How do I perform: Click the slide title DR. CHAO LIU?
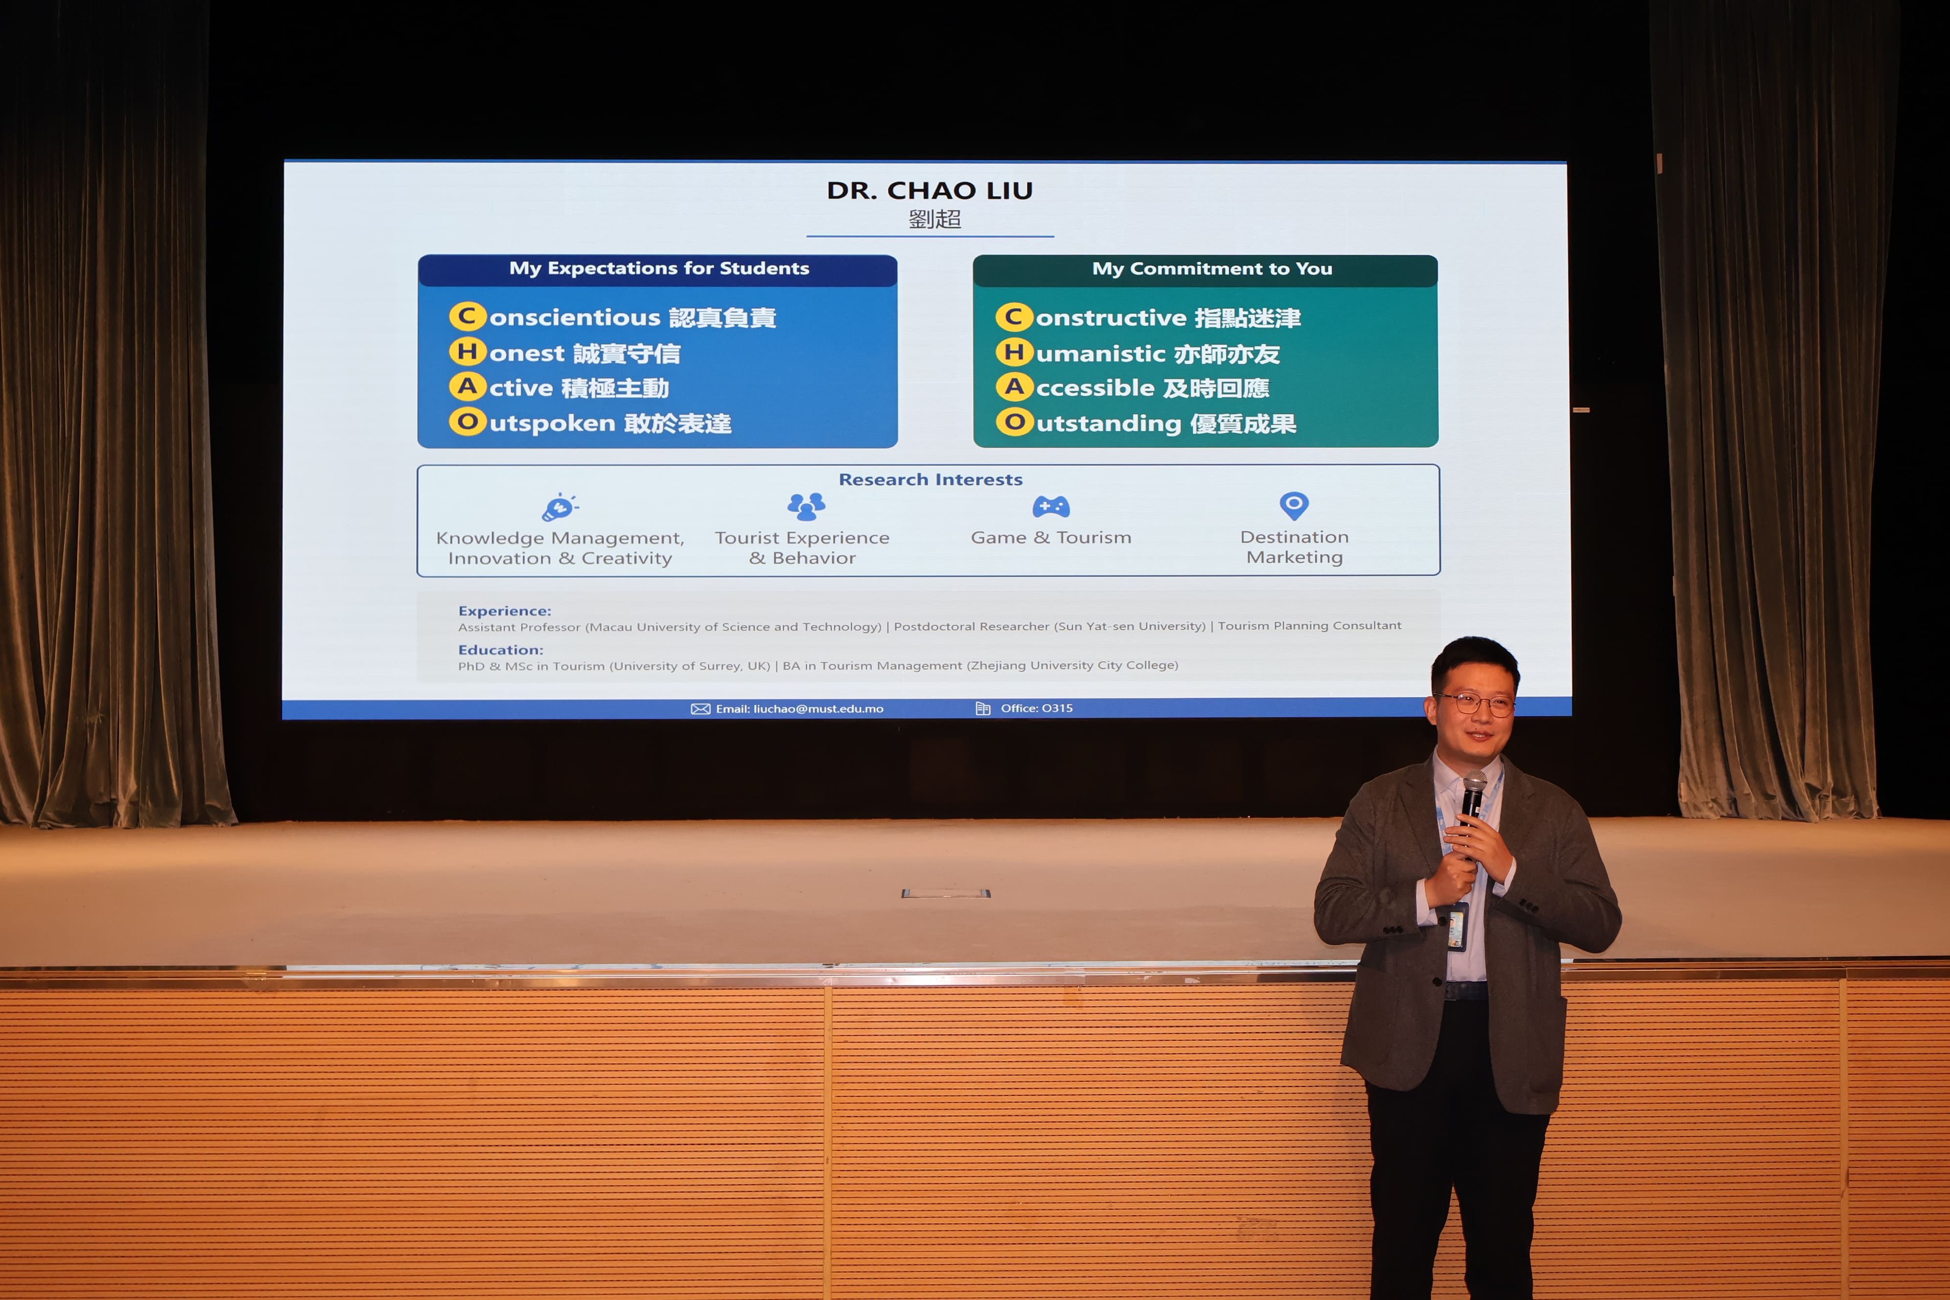929,191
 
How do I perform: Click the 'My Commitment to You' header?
1212,269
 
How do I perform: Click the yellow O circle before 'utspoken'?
467,422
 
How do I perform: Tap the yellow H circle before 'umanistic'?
1014,352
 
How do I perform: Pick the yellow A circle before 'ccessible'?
1014,387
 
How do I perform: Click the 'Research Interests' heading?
930,479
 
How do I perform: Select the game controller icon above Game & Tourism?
1050,506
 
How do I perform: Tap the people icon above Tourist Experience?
806,506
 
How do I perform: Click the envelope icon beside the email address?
700,709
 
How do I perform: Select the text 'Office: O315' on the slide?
1036,708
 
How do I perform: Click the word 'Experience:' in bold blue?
504,611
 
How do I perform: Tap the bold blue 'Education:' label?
500,650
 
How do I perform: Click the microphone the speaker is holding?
1472,809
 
